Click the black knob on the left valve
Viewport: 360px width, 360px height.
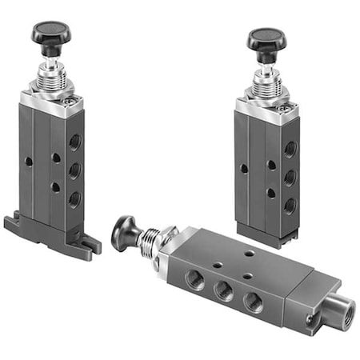click(x=50, y=34)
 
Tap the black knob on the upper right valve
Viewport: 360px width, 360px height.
click(x=266, y=39)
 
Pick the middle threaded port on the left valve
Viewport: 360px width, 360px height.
click(x=74, y=170)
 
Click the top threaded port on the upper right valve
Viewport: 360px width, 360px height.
click(x=290, y=150)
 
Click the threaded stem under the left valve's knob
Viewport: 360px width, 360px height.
click(x=52, y=76)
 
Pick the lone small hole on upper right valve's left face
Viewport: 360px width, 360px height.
click(x=243, y=169)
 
